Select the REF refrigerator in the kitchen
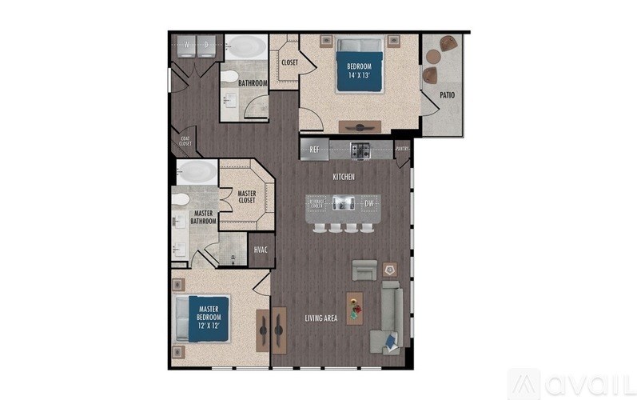tap(314, 149)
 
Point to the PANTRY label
tap(402, 148)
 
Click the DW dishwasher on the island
tap(368, 203)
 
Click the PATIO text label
tap(448, 95)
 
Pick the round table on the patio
tap(434, 57)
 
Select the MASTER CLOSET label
tap(246, 196)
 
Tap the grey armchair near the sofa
tap(364, 270)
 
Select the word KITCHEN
tap(344, 175)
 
